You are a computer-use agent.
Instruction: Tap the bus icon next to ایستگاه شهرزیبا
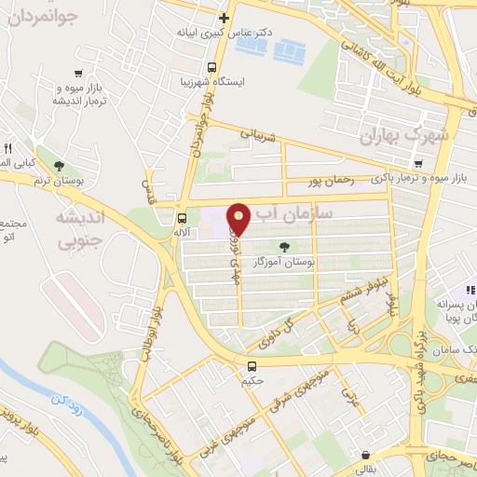pos(212,67)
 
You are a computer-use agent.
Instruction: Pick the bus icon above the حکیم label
pos(252,365)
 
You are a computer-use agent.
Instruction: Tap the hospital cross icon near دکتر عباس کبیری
pos(224,17)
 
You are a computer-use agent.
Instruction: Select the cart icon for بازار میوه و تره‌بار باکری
pos(419,164)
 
